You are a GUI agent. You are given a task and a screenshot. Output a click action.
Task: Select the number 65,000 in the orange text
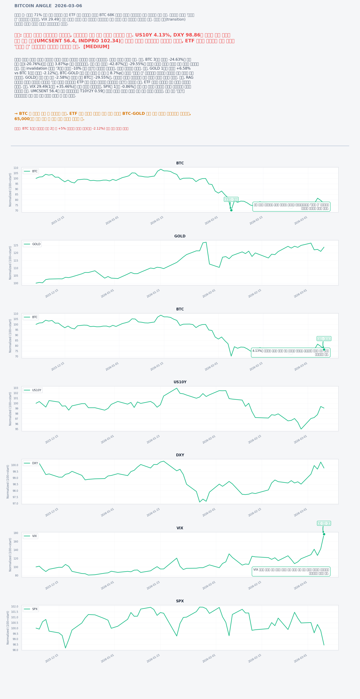tap(22, 119)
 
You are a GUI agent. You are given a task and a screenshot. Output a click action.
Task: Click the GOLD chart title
tap(180, 236)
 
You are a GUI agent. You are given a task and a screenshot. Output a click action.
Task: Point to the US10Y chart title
tap(180, 382)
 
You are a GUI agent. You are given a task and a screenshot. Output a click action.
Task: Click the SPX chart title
tap(180, 601)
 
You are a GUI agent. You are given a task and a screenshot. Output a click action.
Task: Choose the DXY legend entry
tap(32, 463)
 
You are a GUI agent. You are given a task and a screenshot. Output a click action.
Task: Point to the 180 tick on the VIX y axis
tap(16, 533)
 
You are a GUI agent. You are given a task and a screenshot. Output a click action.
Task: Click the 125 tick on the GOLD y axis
tap(16, 245)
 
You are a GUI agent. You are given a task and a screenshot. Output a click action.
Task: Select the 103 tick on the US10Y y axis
tap(16, 388)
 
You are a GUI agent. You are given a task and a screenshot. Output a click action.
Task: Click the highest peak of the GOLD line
tap(206, 242)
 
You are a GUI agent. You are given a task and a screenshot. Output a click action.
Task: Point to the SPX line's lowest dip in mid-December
tap(65, 648)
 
